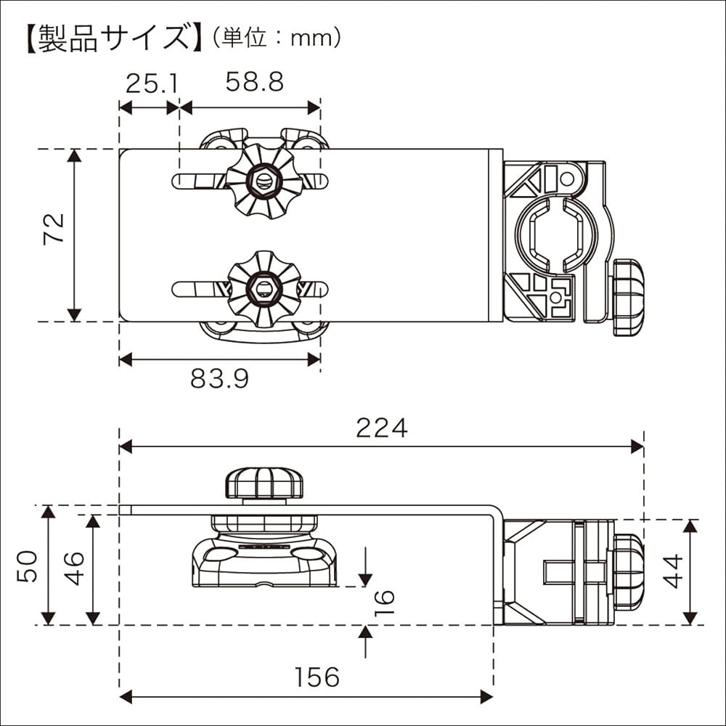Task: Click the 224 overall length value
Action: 381,428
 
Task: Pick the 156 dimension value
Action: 317,677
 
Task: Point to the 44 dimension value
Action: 674,571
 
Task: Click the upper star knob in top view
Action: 262,181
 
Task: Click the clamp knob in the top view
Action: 628,298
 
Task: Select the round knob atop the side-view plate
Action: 264,483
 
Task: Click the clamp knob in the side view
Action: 628,571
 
